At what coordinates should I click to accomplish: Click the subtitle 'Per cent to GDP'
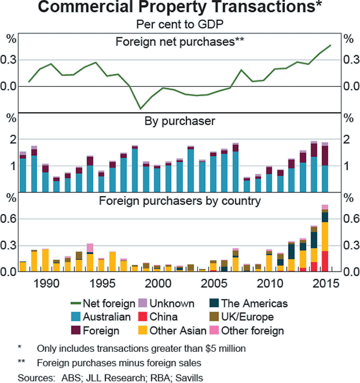coord(180,24)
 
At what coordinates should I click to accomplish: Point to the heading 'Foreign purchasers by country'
coord(180,201)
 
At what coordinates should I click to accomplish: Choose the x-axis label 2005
coord(213,282)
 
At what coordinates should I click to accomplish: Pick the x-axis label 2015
coord(325,282)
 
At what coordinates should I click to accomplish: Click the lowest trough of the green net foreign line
coord(140,108)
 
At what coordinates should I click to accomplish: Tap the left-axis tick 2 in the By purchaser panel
coord(10,139)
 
